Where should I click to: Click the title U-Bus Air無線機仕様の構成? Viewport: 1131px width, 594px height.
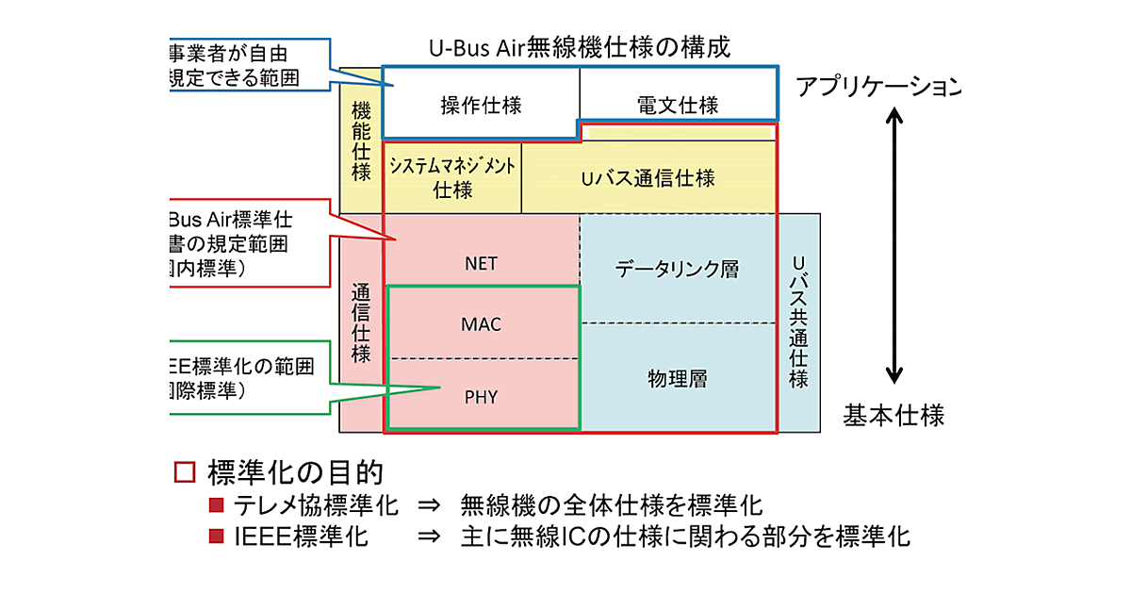[x=579, y=47]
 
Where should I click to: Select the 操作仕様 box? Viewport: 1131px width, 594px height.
[x=481, y=105]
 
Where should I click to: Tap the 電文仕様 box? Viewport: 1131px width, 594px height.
[x=677, y=105]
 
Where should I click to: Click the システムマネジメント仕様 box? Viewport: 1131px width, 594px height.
[x=452, y=176]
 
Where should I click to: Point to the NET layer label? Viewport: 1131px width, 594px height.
[x=481, y=263]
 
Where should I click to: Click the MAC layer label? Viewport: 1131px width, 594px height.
[x=481, y=324]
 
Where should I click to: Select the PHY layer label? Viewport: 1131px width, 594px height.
[x=481, y=397]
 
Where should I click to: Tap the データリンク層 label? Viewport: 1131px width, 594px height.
[x=677, y=270]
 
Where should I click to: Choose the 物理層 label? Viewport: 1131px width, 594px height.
[x=677, y=379]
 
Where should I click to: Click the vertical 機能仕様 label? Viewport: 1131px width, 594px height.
[x=360, y=141]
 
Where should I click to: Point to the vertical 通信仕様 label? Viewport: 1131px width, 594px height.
[x=360, y=323]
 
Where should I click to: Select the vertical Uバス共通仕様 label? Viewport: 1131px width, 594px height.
[x=799, y=321]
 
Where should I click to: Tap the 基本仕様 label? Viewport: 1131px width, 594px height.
[x=893, y=415]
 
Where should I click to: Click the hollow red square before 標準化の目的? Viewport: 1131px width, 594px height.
[x=185, y=471]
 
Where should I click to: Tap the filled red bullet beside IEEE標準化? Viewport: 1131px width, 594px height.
[x=217, y=536]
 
